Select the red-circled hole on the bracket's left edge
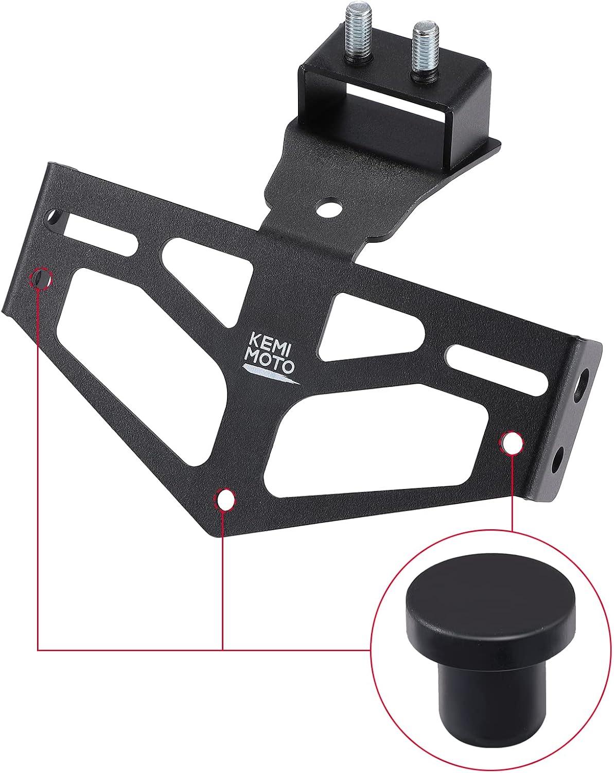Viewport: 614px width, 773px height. (x=41, y=278)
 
